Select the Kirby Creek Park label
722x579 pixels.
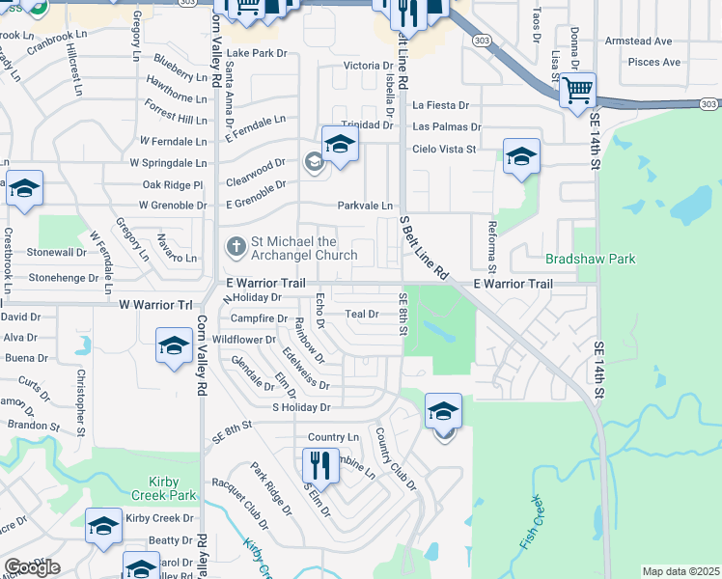(x=159, y=488)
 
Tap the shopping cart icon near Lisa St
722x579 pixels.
(x=577, y=91)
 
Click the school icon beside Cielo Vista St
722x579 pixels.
(x=520, y=156)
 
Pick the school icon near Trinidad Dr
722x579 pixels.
(x=340, y=144)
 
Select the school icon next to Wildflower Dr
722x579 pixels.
(x=174, y=345)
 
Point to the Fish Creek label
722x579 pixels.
(x=533, y=521)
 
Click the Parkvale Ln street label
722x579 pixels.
(x=365, y=206)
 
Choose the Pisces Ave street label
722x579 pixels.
(x=654, y=62)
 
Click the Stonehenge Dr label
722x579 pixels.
(x=64, y=277)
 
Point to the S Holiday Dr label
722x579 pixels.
(x=301, y=407)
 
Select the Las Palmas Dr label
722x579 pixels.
(x=446, y=126)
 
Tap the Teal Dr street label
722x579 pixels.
(x=360, y=314)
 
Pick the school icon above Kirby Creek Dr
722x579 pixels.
(x=103, y=526)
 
